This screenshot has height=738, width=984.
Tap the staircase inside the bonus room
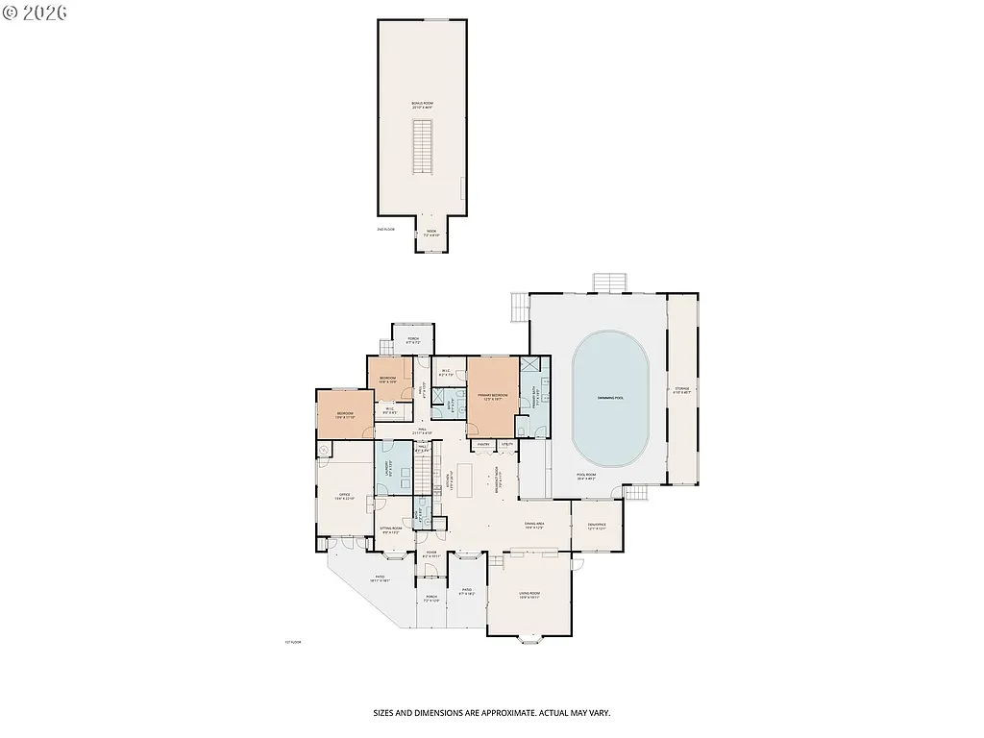421,145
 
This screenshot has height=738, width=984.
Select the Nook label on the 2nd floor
431,232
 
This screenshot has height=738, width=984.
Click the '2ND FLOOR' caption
385,230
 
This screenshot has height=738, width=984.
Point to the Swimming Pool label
610,397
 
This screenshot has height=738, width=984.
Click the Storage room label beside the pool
680,390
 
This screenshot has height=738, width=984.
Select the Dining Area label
534,525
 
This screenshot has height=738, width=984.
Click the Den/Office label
597,525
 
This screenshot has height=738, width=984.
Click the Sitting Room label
390,528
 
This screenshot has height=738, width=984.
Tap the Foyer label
431,553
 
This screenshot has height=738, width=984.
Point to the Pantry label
484,444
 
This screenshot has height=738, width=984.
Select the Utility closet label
506,444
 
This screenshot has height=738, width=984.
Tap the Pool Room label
586,476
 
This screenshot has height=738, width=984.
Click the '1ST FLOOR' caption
292,642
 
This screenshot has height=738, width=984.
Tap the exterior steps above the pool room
608,282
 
